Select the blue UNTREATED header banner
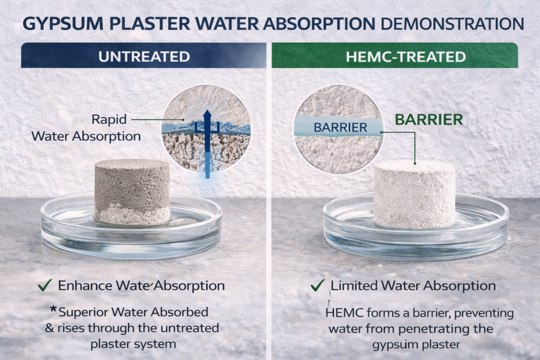(x=143, y=56)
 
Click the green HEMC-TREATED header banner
(x=394, y=56)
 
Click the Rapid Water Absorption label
(x=86, y=128)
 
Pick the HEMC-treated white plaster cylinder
(x=414, y=194)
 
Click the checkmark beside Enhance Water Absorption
(x=44, y=286)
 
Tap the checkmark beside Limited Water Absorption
(x=317, y=286)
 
